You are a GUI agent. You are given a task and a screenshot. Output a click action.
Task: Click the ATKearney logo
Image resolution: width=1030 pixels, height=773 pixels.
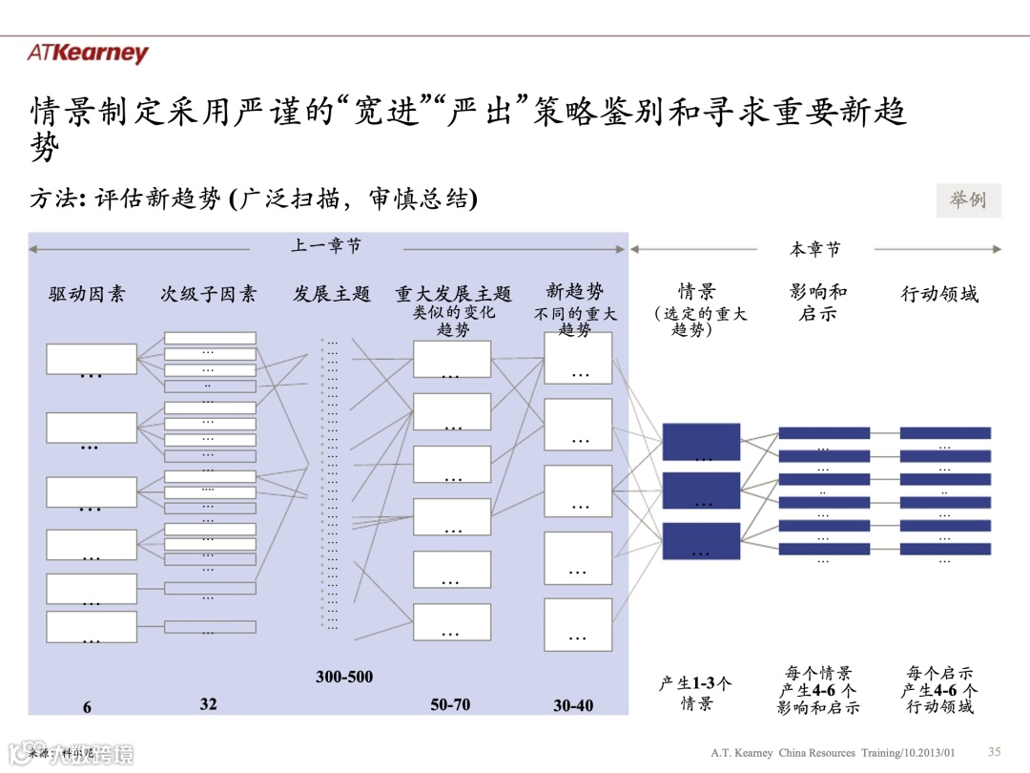pos(88,53)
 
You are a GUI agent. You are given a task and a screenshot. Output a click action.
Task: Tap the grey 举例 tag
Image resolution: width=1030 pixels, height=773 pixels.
pos(968,200)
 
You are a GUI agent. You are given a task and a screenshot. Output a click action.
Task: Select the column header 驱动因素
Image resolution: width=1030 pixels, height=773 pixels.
pos(87,294)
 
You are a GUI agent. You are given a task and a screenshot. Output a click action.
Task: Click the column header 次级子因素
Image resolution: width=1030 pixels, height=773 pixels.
pos(208,294)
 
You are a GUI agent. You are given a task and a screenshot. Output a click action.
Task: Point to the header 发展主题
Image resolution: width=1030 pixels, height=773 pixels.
pos(331,294)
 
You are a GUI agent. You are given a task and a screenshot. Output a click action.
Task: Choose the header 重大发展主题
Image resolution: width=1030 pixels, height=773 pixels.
pos(453,294)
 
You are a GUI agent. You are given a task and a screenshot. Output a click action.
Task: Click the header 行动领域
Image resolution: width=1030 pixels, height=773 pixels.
pos(939,294)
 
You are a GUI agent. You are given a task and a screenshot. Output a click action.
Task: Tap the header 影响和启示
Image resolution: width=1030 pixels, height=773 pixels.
pos(818,302)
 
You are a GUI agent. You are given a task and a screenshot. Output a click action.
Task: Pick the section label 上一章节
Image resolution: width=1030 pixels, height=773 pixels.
pos(326,246)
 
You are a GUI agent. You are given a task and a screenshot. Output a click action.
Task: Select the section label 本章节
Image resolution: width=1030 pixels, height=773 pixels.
pos(815,249)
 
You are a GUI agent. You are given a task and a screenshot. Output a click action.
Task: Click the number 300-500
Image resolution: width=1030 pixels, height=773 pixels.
pos(344,677)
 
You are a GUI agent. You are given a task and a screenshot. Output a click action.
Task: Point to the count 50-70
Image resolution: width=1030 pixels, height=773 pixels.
pos(450,705)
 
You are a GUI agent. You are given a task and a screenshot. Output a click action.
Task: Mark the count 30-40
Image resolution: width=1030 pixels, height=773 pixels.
pos(573,706)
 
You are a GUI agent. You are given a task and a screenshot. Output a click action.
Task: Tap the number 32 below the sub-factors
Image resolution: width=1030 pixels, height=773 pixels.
pos(208,704)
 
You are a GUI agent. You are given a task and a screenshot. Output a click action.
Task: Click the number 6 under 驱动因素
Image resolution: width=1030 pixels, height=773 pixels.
pos(87,707)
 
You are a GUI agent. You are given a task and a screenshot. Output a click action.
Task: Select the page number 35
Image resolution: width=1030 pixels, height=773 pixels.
pos(994,751)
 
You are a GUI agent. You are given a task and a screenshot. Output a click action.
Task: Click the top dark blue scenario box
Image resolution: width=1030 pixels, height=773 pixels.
pos(701,442)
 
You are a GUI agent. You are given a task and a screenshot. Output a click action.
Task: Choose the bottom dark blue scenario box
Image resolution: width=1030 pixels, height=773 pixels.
pos(701,541)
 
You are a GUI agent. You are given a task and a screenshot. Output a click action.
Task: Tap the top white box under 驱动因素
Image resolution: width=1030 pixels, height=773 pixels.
pos(92,359)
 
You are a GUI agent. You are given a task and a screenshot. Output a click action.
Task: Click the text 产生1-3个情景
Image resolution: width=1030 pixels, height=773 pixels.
pos(695,694)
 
